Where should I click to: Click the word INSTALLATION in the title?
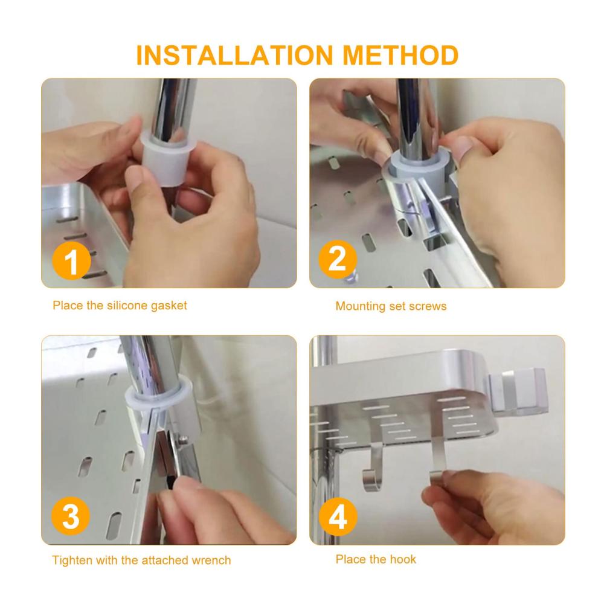coord(234,55)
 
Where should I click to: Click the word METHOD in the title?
coord(400,55)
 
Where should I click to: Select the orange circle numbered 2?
coord(338,259)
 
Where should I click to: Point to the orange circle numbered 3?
coord(71,516)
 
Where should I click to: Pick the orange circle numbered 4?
coord(338,516)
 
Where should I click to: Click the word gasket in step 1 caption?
coord(169,306)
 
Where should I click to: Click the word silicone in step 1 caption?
coord(127,306)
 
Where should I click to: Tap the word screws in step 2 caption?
coord(428,306)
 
